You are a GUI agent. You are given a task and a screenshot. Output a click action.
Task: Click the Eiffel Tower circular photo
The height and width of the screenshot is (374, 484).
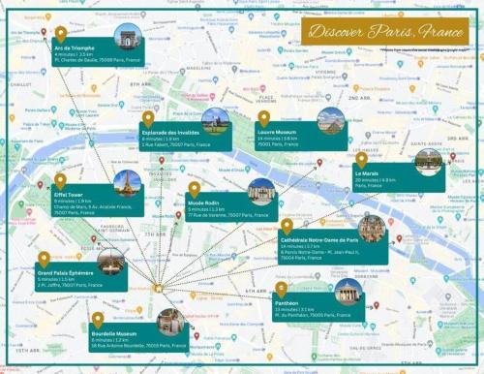(128, 182)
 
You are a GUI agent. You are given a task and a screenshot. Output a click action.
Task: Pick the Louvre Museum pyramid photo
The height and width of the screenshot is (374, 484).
(330, 120)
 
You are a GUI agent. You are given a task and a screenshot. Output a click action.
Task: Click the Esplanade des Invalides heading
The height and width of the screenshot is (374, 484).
(170, 131)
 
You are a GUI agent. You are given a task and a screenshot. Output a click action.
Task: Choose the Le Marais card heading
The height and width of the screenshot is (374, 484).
(367, 171)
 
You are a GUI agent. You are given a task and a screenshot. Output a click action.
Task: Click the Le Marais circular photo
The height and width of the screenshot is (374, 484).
(428, 162)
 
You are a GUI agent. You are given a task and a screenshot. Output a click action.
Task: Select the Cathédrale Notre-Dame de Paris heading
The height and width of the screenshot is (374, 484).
(318, 239)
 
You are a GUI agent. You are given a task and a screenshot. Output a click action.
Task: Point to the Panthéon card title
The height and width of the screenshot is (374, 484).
(288, 302)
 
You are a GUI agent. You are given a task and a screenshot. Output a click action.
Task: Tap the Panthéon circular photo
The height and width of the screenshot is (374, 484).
(348, 292)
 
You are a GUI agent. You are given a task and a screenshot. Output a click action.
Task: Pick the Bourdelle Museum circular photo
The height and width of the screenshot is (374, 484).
(170, 323)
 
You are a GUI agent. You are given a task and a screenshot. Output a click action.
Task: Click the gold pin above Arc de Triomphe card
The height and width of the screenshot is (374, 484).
(61, 34)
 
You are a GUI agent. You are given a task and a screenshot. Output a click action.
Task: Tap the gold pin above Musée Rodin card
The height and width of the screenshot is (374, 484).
(194, 188)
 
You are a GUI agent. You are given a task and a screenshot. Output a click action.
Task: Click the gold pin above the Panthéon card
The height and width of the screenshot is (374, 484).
(281, 289)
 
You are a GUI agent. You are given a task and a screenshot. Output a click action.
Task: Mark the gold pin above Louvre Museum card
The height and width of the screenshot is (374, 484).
(263, 116)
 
